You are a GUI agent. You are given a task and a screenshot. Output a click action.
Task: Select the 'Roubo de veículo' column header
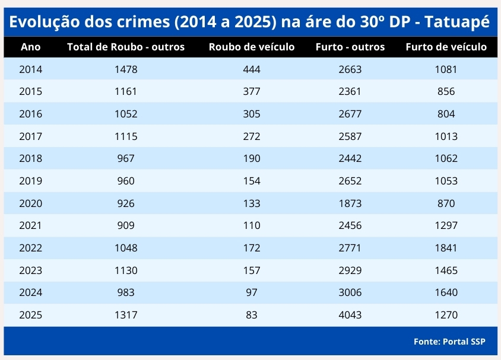pyautogui.click(x=252, y=47)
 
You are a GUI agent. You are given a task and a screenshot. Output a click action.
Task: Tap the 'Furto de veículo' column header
pyautogui.click(x=446, y=47)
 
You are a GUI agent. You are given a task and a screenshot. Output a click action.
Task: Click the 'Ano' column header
pyautogui.click(x=31, y=47)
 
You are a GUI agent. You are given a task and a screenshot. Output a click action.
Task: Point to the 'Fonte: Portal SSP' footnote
pyautogui.click(x=449, y=342)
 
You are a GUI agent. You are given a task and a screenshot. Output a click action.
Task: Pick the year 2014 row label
pyautogui.click(x=31, y=69)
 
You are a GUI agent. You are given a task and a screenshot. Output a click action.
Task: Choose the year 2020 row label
pyautogui.click(x=31, y=203)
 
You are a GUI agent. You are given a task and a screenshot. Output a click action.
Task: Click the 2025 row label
pyautogui.click(x=31, y=315)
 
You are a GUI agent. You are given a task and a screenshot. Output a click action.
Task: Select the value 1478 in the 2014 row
pyautogui.click(x=126, y=69)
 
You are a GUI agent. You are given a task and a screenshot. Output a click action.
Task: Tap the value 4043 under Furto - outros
pyautogui.click(x=350, y=315)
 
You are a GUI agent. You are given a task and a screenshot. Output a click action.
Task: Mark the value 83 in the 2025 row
pyautogui.click(x=252, y=315)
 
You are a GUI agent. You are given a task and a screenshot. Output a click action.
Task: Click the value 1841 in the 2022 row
pyautogui.click(x=446, y=248)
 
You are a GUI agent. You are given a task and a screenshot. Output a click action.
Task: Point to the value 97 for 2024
pyautogui.click(x=252, y=292)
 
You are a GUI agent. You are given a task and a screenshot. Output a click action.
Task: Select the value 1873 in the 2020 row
pyautogui.click(x=350, y=203)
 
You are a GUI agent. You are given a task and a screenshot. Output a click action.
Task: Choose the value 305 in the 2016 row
pyautogui.click(x=252, y=114)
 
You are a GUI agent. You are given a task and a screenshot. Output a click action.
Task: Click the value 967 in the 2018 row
pyautogui.click(x=126, y=158)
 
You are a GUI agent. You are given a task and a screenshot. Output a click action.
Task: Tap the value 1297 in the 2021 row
pyautogui.click(x=446, y=225)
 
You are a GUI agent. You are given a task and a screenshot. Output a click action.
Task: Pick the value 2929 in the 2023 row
pyautogui.click(x=350, y=270)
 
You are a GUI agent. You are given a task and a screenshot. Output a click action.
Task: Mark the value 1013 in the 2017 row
pyautogui.click(x=446, y=136)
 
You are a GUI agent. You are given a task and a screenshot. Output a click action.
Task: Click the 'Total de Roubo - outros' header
pyautogui.click(x=126, y=47)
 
